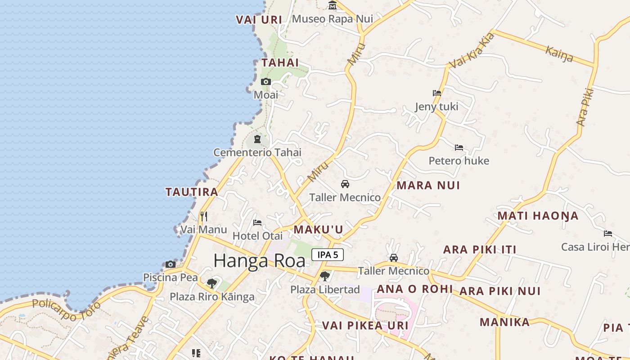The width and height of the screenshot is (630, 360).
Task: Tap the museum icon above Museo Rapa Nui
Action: coord(333,5)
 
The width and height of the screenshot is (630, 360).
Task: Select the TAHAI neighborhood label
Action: coord(280,63)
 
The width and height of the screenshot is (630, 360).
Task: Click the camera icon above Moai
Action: coord(266,81)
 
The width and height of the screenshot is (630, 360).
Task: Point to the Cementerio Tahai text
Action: coord(257,153)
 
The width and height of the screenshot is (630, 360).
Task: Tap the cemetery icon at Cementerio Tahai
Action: coord(257,139)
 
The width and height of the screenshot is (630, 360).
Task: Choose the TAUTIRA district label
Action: coord(192,192)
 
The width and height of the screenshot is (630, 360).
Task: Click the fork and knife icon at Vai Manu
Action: coord(204,216)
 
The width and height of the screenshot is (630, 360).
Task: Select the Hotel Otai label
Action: coord(257,236)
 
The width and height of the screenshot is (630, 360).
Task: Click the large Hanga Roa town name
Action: coord(259,261)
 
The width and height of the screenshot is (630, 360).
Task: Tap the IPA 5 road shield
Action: coord(328,255)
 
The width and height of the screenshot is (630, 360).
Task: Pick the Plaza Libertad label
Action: coord(325,289)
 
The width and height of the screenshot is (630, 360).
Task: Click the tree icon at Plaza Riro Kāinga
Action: coord(211,283)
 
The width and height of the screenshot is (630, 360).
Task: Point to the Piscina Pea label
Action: coord(171,277)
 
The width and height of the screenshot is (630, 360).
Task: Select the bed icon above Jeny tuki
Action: coord(436,93)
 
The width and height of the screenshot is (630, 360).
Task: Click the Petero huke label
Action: coord(459,161)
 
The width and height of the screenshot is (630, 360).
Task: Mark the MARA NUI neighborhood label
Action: coord(428,185)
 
